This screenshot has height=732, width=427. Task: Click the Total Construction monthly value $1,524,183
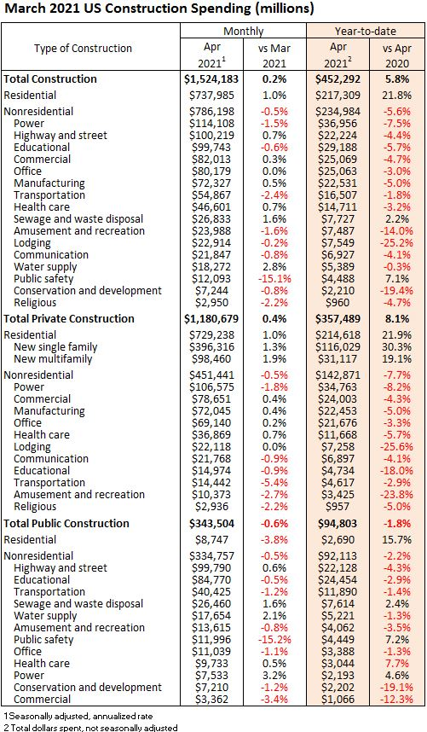pyautogui.click(x=211, y=78)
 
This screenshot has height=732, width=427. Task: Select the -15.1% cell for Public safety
pyautogui.click(x=274, y=279)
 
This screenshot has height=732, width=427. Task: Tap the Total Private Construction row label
pyautogui.click(x=69, y=319)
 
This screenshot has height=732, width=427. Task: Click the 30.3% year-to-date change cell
pyautogui.click(x=398, y=347)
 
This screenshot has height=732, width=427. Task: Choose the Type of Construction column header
pyautogui.click(x=83, y=48)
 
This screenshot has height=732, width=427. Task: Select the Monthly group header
pyautogui.click(x=244, y=32)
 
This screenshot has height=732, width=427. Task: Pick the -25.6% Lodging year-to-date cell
pyautogui.click(x=396, y=447)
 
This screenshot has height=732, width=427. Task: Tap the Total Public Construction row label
pyautogui.click(x=66, y=523)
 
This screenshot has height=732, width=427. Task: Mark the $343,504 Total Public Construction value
pyautogui.click(x=211, y=523)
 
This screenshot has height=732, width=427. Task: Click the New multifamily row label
pyautogui.click(x=53, y=359)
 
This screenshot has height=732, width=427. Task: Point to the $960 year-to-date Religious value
pyautogui.click(x=338, y=303)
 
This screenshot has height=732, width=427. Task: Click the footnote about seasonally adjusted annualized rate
pyautogui.click(x=78, y=715)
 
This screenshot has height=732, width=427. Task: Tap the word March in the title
pyautogui.click(x=23, y=8)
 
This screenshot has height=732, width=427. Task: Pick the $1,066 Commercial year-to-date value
pyautogui.click(x=338, y=700)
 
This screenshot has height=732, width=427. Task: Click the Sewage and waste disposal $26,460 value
pyautogui.click(x=210, y=604)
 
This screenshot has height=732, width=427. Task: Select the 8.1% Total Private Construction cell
pyautogui.click(x=398, y=319)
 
